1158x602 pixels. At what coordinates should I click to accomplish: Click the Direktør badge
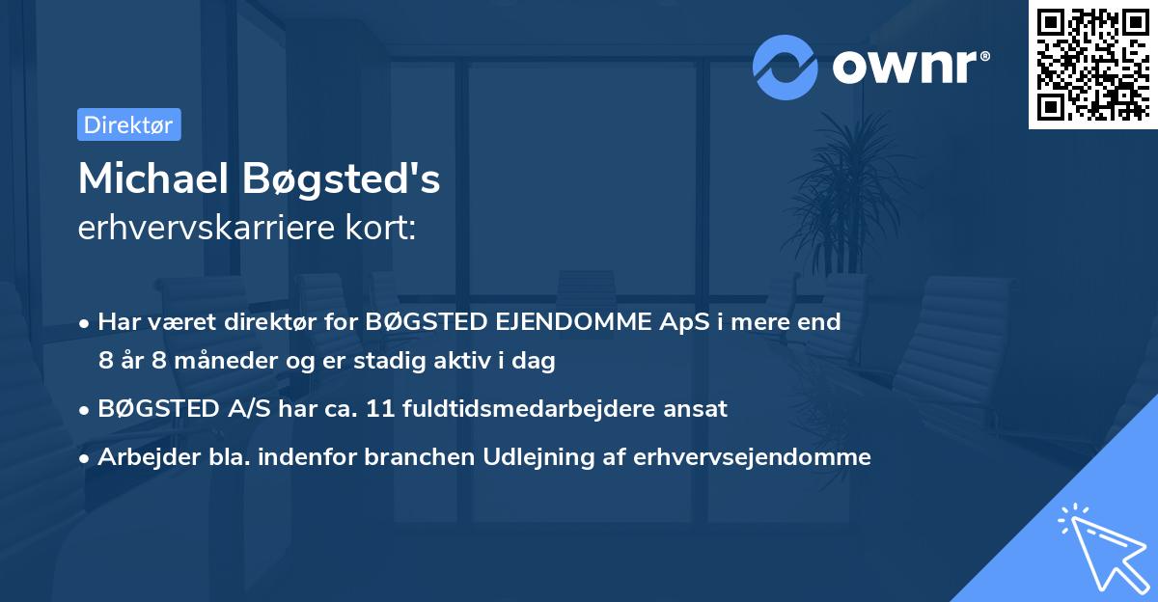128,124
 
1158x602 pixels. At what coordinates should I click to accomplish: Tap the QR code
1092,64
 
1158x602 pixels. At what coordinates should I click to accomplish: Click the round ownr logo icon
785,67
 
